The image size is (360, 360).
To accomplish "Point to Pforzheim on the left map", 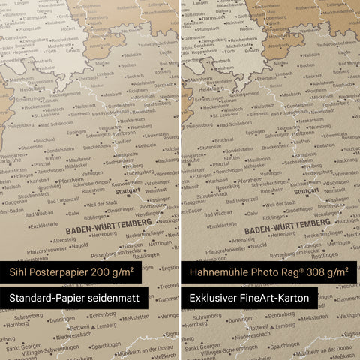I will pos(70,180).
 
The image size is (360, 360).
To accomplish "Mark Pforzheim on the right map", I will pos(250,180).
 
